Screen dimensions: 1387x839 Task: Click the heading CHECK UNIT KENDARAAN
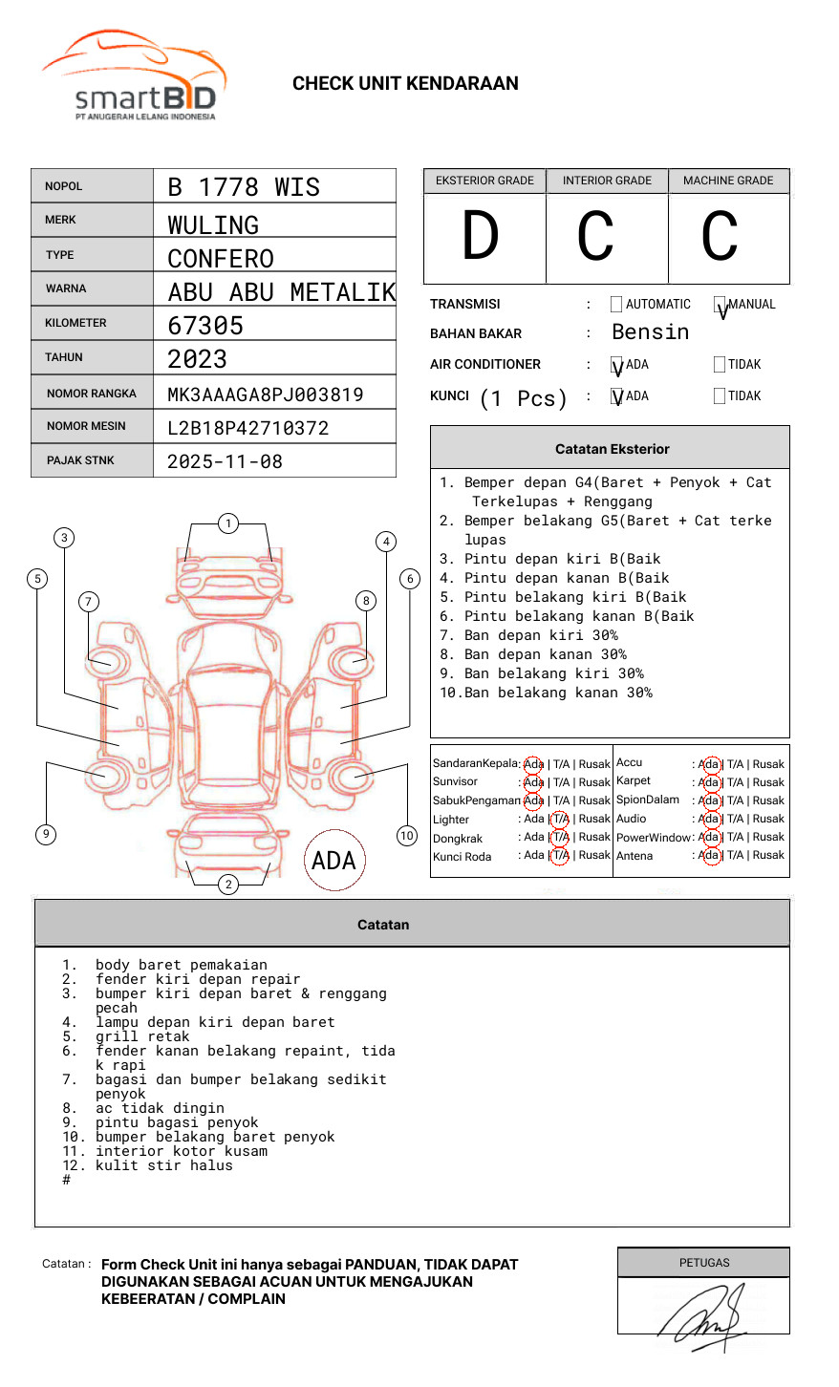coord(405,84)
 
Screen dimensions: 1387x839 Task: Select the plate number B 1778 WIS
coord(244,187)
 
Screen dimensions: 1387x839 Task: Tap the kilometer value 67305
coord(205,326)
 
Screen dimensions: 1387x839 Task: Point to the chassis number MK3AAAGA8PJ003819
coord(265,395)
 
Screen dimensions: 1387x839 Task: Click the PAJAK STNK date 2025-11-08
coord(225,461)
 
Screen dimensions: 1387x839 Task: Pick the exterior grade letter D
coord(481,237)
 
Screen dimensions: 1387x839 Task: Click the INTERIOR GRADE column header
coord(607,181)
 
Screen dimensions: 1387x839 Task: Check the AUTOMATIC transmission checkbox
coord(616,305)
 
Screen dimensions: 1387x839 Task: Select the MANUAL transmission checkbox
coord(720,305)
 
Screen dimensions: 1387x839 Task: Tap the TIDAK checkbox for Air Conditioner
coord(720,365)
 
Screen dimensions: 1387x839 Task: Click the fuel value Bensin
coord(650,332)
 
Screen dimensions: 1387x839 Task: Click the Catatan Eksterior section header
coord(612,449)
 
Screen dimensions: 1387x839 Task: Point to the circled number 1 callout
coord(227,523)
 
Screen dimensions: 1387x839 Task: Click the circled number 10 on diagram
coord(407,836)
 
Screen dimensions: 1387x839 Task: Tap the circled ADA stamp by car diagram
coord(333,861)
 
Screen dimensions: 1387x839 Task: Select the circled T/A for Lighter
coord(560,819)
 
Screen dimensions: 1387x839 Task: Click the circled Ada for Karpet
coord(709,782)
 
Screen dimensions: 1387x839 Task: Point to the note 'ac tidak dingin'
coord(160,1108)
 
